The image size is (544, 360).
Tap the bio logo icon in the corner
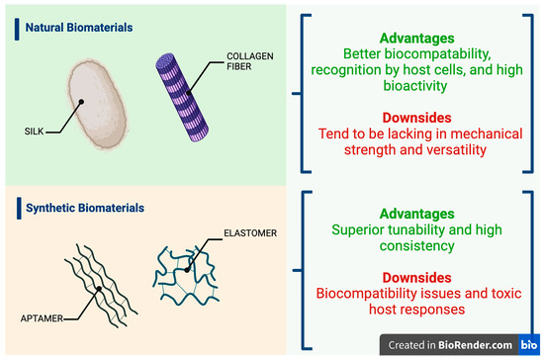(x=531, y=344)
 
